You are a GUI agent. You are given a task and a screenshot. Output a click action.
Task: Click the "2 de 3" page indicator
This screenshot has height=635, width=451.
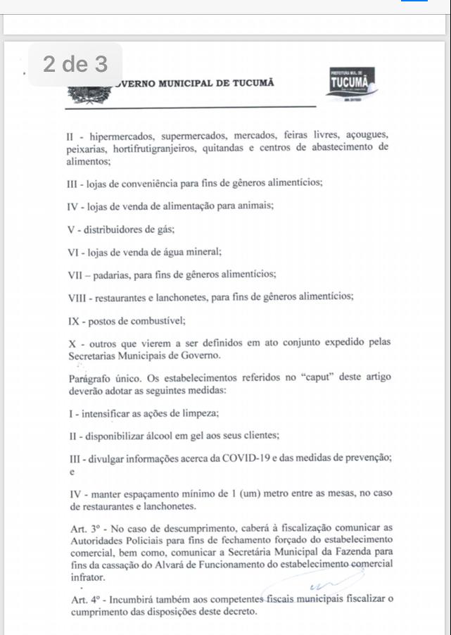point(75,65)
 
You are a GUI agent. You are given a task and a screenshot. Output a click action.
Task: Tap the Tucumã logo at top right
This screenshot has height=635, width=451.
point(351,85)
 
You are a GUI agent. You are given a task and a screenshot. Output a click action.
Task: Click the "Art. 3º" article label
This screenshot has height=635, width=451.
point(85,527)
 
